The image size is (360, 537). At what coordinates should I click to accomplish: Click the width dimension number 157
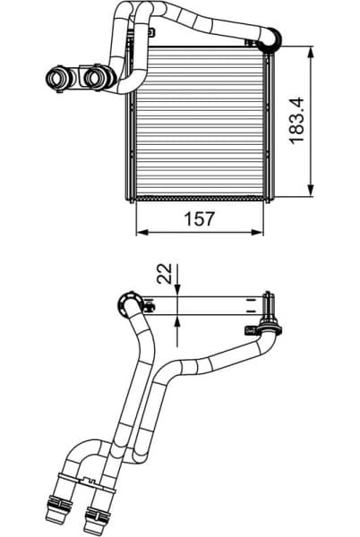coord(200,219)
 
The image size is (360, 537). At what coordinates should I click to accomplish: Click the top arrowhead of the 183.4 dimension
coord(311,51)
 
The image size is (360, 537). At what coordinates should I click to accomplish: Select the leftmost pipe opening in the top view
coord(56,80)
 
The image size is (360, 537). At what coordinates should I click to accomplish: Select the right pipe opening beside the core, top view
coord(92,80)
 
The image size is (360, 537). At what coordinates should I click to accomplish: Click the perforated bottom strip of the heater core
coord(199,195)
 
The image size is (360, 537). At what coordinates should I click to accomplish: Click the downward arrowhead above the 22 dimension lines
coord(178,290)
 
